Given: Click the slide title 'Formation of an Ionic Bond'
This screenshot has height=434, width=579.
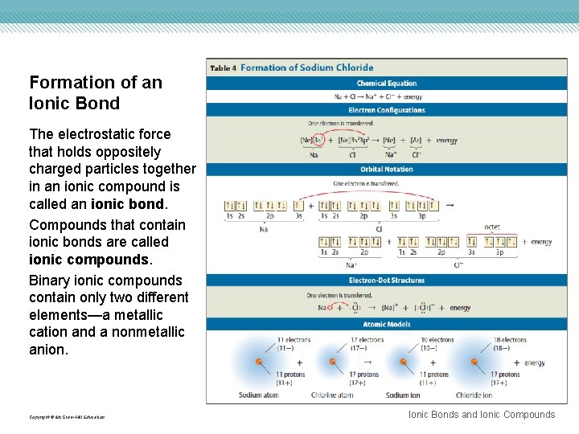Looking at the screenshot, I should click(96, 92).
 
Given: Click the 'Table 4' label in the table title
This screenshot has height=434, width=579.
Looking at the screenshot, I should click(223, 68).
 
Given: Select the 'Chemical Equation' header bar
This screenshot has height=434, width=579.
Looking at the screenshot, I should click(387, 84).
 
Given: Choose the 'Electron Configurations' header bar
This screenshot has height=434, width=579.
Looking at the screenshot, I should click(387, 110).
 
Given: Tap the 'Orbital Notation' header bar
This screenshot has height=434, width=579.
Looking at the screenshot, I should click(387, 170).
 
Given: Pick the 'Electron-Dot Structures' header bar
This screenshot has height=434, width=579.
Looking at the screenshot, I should click(387, 280).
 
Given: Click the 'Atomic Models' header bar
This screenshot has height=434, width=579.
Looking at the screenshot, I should click(387, 325).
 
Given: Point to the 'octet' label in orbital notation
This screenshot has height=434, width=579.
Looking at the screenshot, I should click(492, 227).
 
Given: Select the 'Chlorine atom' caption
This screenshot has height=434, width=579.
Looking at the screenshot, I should click(332, 395).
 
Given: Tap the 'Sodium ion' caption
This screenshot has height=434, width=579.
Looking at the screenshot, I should click(403, 395).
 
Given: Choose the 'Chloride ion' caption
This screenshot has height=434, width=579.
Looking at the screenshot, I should click(474, 395).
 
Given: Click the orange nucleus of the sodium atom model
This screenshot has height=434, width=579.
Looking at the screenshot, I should click(259, 362).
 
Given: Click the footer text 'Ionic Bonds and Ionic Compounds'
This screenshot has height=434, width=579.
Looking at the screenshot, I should click(482, 415).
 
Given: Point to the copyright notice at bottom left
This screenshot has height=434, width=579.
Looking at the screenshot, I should click(66, 417).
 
